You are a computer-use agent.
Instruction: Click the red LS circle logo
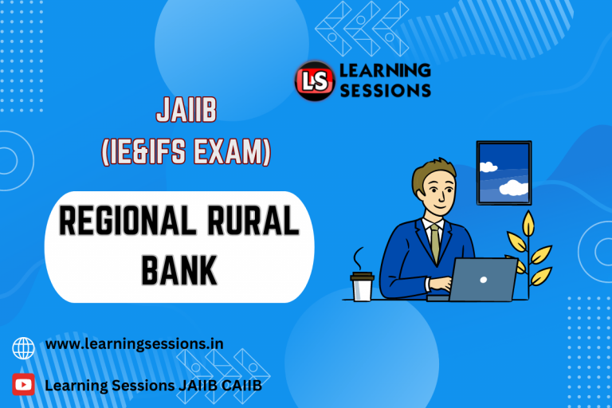tap(315, 80)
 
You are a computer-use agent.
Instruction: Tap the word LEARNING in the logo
tap(385, 71)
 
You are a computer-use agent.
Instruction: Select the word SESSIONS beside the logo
tap(385, 90)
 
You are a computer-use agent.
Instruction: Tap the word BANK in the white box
tap(179, 269)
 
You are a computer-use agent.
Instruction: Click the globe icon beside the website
tap(24, 347)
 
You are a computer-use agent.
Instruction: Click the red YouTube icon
tap(24, 385)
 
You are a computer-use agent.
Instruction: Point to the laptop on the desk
tap(483, 279)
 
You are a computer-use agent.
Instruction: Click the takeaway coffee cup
tap(362, 285)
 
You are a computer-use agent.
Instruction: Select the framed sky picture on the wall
tap(504, 172)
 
